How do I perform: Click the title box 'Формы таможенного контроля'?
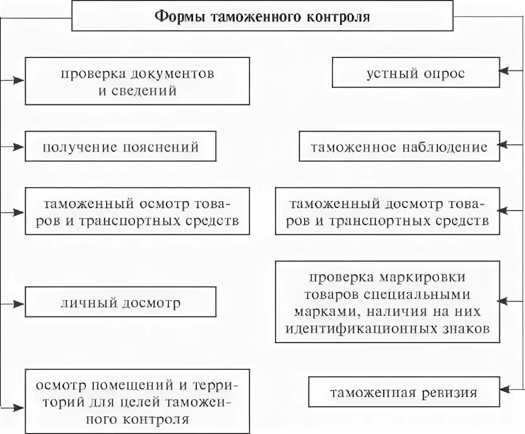pyautogui.click(x=262, y=16)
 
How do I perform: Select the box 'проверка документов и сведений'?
pyautogui.click(x=137, y=81)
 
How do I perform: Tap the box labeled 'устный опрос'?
pyautogui.click(x=415, y=73)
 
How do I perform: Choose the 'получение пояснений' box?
pyautogui.click(x=121, y=146)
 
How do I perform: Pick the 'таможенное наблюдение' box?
pyautogui.click(x=399, y=147)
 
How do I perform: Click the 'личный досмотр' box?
pyautogui.click(x=121, y=303)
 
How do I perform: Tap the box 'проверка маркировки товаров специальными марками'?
pyautogui.click(x=388, y=303)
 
